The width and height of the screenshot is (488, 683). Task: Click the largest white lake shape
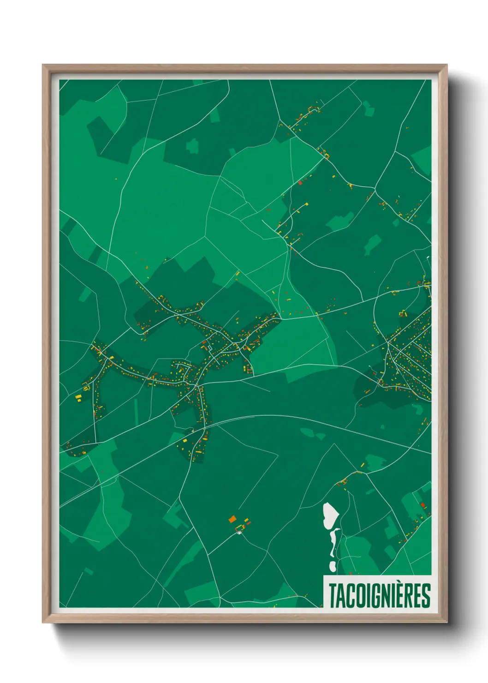coord(330,515)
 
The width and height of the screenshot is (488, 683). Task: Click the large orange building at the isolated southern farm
coord(232,519)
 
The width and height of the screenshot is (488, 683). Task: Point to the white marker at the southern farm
coord(239,533)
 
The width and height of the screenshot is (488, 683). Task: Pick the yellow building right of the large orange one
coord(246,522)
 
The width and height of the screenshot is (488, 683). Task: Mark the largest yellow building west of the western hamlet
coord(78,397)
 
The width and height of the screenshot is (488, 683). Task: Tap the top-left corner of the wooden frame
coord(43,65)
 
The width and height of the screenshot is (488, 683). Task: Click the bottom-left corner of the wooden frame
coord(43,622)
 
